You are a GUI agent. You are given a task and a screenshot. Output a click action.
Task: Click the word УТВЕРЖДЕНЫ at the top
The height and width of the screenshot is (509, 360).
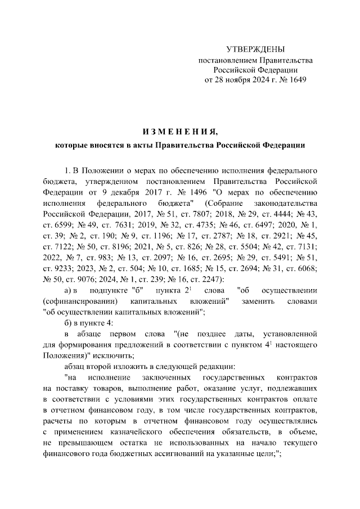click(x=255, y=50)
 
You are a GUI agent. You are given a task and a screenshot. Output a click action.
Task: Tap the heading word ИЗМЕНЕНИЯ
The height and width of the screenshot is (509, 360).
click(x=179, y=132)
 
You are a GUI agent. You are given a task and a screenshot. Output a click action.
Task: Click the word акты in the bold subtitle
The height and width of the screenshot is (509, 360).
click(x=140, y=145)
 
